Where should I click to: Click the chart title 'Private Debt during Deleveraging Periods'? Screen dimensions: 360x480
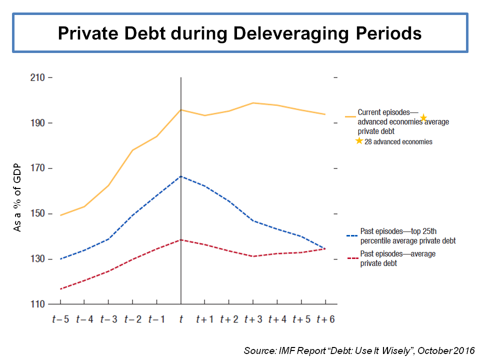point(240,33)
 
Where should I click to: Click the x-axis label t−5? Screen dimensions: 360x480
point(60,319)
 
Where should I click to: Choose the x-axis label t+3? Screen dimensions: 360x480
point(253,319)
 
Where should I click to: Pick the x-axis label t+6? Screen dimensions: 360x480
point(325,319)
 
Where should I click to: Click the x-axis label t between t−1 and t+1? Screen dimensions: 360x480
point(180,319)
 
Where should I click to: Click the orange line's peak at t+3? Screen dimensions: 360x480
point(253,103)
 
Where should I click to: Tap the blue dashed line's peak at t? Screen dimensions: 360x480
point(180,176)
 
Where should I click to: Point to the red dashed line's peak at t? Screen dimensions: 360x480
point(180,239)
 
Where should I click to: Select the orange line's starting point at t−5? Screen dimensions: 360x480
point(60,215)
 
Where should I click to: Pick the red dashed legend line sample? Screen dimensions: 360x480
point(351,258)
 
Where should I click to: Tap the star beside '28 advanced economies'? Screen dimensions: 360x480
point(359,141)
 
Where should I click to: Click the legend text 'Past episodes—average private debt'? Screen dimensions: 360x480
point(397,258)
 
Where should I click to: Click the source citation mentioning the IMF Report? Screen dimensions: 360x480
point(359,350)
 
